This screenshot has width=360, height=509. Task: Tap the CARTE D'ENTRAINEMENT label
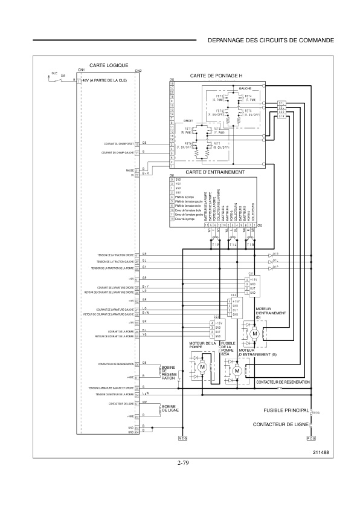pos(215,172)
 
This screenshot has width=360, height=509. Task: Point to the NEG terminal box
pos(184,437)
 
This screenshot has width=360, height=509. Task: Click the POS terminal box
pos(312,437)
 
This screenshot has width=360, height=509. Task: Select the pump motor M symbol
pos(203,367)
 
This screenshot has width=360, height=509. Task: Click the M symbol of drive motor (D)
pos(254,333)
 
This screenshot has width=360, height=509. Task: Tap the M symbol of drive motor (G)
pos(237,371)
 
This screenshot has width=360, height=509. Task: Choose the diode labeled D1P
pos(271,268)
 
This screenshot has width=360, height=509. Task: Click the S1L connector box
pos(281,103)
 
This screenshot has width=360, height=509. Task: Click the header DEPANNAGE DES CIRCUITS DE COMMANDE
pos(270,41)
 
